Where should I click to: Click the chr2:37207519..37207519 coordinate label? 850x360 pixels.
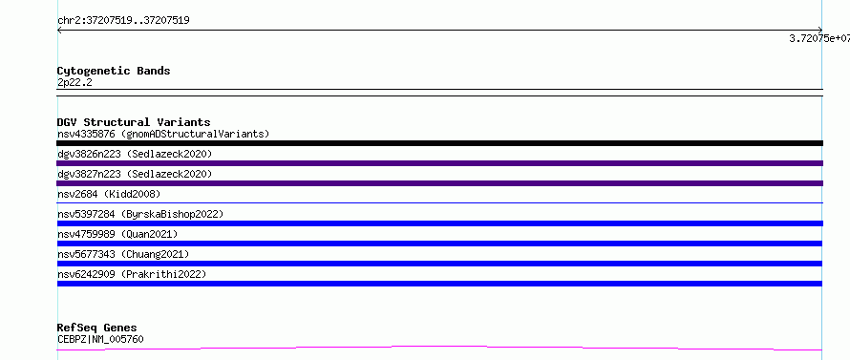click(x=123, y=21)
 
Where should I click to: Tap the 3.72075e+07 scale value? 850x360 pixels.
click(x=819, y=38)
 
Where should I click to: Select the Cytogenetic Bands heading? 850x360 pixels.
click(x=114, y=71)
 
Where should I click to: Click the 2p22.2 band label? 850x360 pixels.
click(x=74, y=82)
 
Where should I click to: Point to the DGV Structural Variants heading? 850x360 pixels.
click(x=134, y=122)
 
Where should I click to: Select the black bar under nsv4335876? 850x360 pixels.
click(x=439, y=143)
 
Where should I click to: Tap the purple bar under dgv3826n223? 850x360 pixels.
click(x=439, y=163)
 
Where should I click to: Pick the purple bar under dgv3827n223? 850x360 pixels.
click(x=439, y=183)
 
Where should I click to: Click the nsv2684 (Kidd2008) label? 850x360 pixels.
click(x=109, y=194)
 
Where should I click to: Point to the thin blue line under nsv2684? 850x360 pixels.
click(x=439, y=202)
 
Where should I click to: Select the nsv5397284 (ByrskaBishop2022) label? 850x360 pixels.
click(x=140, y=214)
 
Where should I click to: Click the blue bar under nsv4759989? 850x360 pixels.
click(x=439, y=244)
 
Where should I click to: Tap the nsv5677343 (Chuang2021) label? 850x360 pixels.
click(x=123, y=254)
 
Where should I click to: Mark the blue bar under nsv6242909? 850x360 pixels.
click(x=439, y=284)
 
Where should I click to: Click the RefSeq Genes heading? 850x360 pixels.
click(x=96, y=328)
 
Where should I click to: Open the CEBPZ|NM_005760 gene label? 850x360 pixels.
click(x=100, y=339)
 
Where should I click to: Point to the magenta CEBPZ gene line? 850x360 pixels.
click(x=439, y=347)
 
